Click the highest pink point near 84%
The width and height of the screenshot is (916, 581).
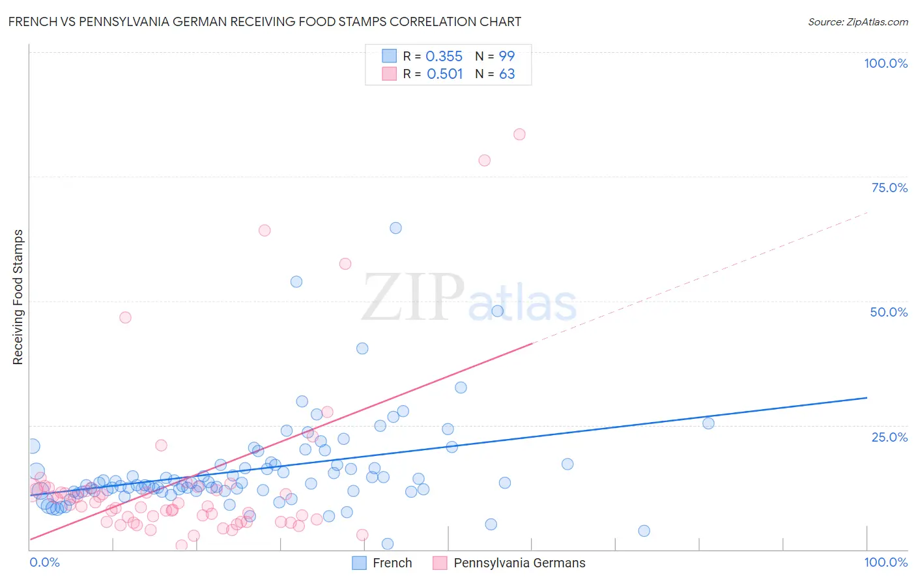click(x=519, y=134)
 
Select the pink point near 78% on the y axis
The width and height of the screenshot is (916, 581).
click(x=484, y=160)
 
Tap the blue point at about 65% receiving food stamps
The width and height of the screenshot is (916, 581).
click(x=395, y=228)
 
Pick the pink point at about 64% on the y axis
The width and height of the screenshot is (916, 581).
click(x=265, y=230)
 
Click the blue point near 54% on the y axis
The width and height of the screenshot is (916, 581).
click(x=296, y=282)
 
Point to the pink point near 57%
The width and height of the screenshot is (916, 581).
click(x=345, y=264)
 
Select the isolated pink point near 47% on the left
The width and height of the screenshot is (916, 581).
click(x=125, y=317)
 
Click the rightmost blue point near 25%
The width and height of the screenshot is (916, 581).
click(x=708, y=423)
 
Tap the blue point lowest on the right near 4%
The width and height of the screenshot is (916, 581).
click(x=644, y=531)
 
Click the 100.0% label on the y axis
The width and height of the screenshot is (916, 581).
click(x=885, y=63)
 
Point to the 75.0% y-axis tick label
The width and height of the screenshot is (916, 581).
click(x=889, y=188)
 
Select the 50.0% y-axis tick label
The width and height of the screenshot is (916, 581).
click(x=889, y=312)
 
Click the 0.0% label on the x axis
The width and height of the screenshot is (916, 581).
click(x=44, y=562)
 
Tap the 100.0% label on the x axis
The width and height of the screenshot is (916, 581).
click(x=885, y=562)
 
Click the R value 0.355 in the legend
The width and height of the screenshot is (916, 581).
click(x=444, y=57)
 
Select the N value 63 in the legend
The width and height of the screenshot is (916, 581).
click(x=507, y=74)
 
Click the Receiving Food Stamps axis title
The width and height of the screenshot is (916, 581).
click(x=18, y=297)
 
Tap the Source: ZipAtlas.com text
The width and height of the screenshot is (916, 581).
click(x=857, y=22)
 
